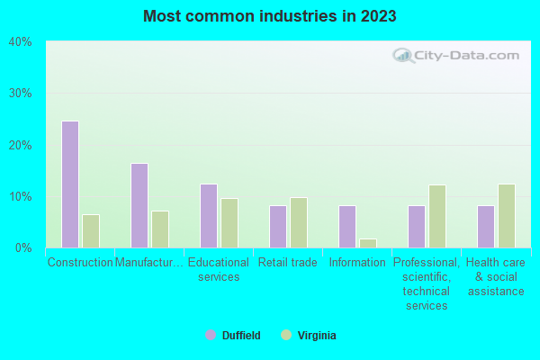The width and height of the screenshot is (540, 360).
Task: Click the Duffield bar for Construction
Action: tap(70, 184)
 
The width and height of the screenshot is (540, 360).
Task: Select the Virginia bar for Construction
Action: tap(91, 231)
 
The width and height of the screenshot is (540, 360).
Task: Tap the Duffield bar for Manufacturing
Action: tap(139, 205)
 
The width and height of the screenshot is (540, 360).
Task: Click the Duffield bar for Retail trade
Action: tap(278, 227)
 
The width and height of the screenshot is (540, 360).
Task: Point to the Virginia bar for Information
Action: tap(368, 243)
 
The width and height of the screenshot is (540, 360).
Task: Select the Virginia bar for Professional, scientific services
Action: tap(437, 216)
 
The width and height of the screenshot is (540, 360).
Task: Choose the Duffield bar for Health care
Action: tap(486, 227)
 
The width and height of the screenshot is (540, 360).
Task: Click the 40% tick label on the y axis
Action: tap(20, 41)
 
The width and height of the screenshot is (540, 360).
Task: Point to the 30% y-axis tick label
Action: tap(20, 94)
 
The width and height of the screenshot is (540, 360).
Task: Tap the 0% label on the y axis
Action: tap(23, 247)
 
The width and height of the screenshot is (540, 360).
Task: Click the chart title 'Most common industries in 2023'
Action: tap(270, 16)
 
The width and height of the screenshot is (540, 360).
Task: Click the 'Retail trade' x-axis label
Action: tap(288, 263)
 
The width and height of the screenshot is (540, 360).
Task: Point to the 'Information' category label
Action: tap(357, 263)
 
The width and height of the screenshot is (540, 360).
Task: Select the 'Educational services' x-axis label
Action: tap(220, 270)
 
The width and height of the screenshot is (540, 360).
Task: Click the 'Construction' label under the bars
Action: tap(80, 263)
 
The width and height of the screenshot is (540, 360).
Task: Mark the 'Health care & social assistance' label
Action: tap(496, 277)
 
